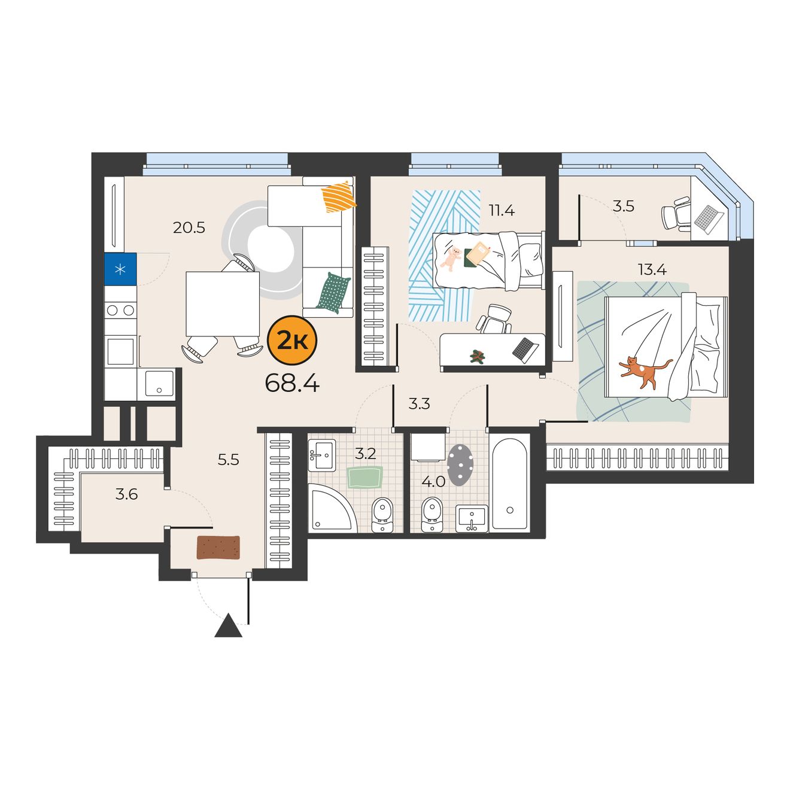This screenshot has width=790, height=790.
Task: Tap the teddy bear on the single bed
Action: click(451, 259)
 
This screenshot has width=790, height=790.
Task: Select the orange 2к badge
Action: click(292, 339)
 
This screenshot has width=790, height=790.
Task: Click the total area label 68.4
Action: click(292, 384)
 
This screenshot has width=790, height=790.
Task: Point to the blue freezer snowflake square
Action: click(120, 269)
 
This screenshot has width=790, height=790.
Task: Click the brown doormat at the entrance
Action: click(218, 547)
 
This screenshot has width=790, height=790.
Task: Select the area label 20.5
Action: click(189, 227)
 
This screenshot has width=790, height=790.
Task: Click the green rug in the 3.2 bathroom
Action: click(365, 477)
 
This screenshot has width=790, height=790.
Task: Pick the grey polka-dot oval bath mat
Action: click(460, 465)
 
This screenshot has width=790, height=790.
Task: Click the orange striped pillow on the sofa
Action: click(338, 197)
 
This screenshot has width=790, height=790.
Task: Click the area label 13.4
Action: click(652, 270)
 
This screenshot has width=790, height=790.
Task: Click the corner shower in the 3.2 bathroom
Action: click(330, 508)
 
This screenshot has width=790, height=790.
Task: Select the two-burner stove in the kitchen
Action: click(120, 310)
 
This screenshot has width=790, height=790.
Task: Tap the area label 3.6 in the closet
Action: click(126, 494)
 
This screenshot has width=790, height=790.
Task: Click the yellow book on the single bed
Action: click(478, 253)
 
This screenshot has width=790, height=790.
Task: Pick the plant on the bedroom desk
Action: click(477, 356)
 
